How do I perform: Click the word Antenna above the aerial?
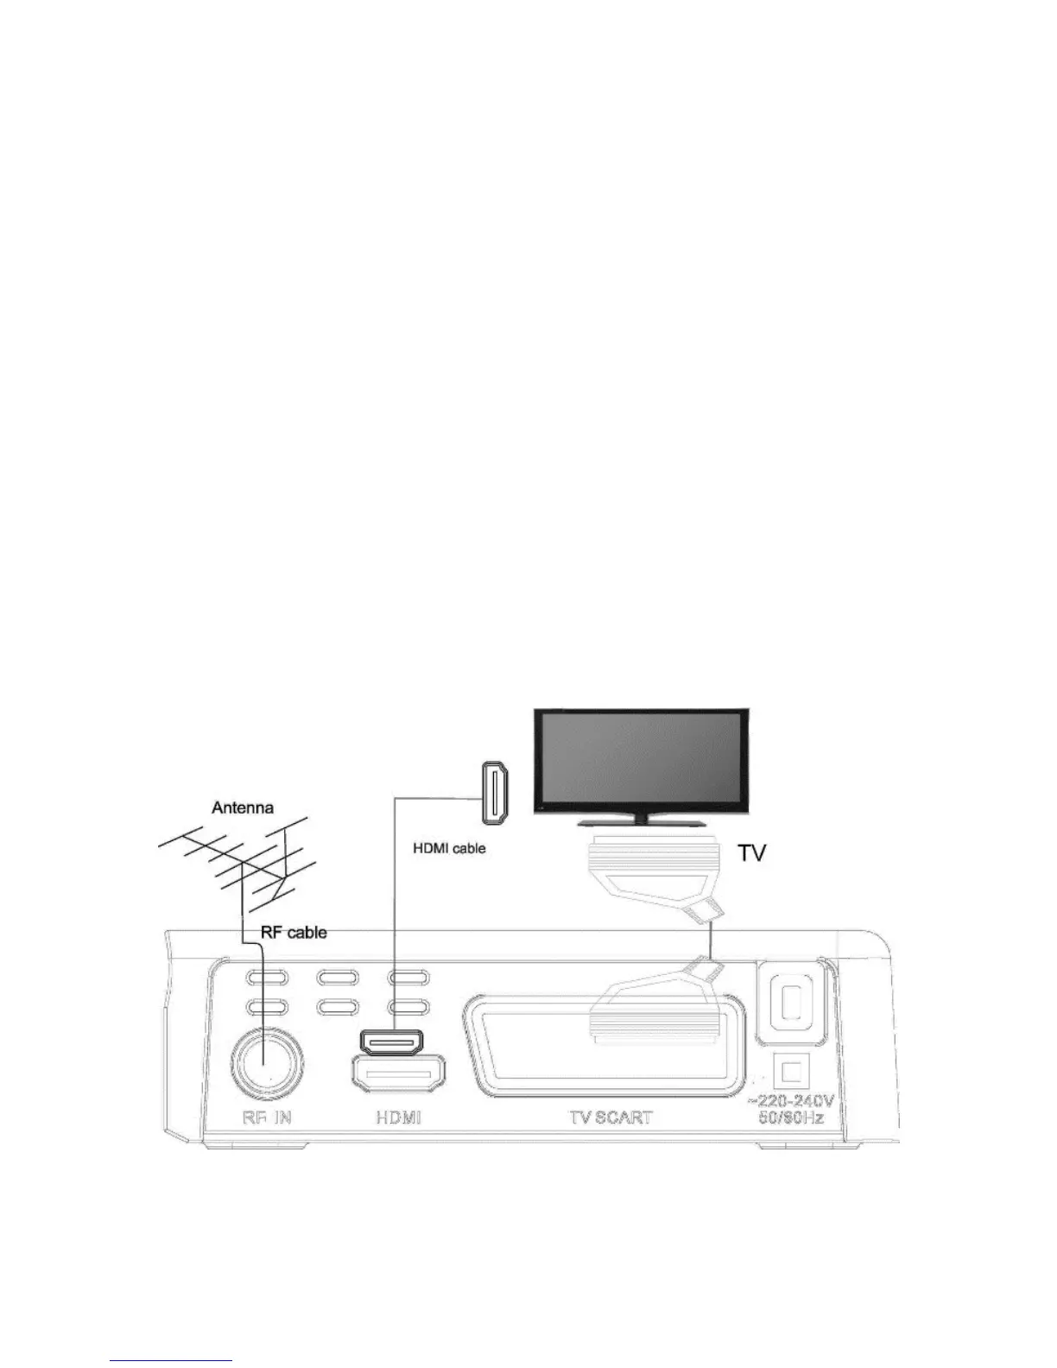(x=243, y=808)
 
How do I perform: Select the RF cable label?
(x=294, y=933)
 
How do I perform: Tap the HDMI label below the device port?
(x=398, y=1117)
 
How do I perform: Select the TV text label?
(x=752, y=853)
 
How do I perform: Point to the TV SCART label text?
(x=610, y=1117)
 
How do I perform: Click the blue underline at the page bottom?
(x=172, y=1361)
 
